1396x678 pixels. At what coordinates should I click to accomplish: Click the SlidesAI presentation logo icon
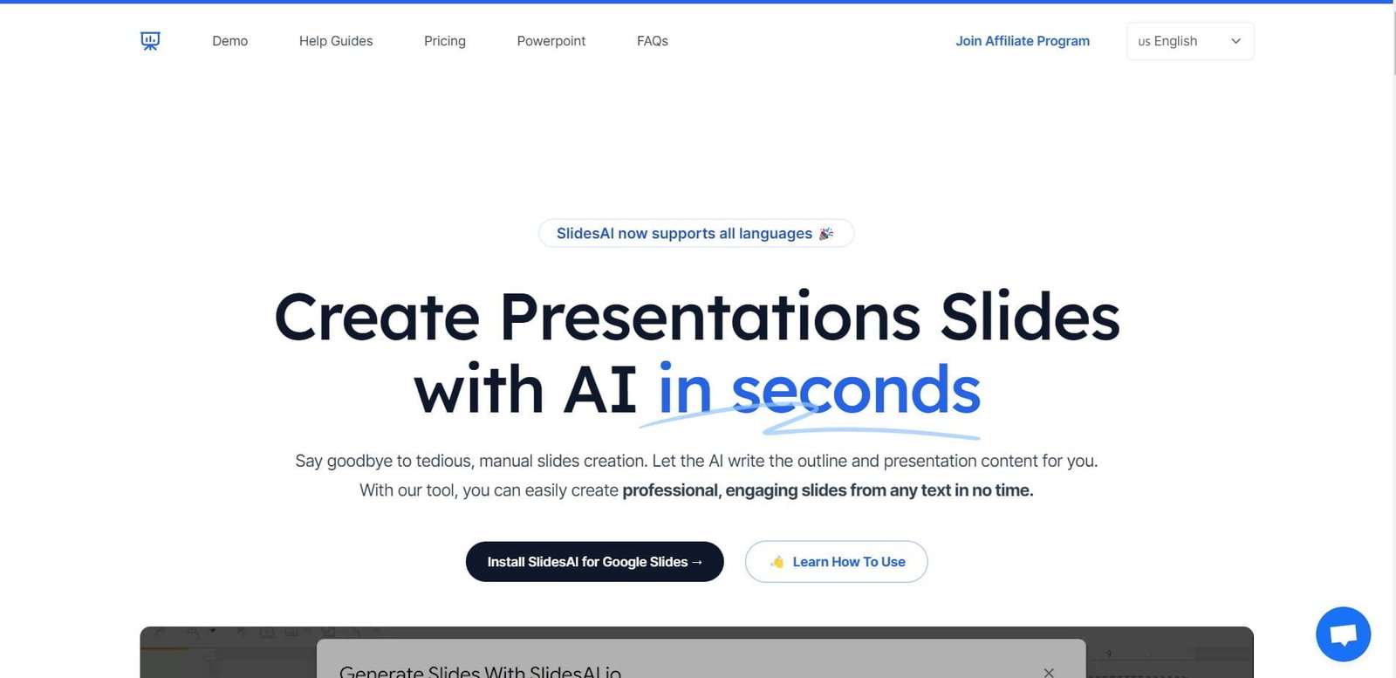click(x=150, y=41)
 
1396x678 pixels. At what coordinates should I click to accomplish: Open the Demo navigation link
click(x=229, y=41)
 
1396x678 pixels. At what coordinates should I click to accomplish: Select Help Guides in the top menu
click(x=336, y=41)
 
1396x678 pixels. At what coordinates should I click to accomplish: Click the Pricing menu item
click(x=445, y=41)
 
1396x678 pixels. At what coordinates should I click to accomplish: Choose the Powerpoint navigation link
click(x=551, y=41)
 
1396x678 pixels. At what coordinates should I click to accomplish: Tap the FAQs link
click(x=653, y=41)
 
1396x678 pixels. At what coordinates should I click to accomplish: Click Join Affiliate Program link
click(x=1023, y=41)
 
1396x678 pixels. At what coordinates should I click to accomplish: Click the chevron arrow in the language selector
click(x=1235, y=41)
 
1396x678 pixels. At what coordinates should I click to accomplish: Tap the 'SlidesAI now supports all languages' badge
click(x=685, y=233)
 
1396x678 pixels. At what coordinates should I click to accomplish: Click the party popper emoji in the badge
click(x=826, y=233)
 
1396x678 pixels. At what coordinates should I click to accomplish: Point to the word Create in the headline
click(x=377, y=317)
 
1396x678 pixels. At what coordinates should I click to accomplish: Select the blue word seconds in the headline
click(x=856, y=390)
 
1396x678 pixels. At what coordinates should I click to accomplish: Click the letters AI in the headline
click(x=600, y=390)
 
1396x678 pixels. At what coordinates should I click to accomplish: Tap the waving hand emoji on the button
click(x=777, y=562)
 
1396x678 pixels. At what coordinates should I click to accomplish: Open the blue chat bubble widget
click(x=1343, y=634)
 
